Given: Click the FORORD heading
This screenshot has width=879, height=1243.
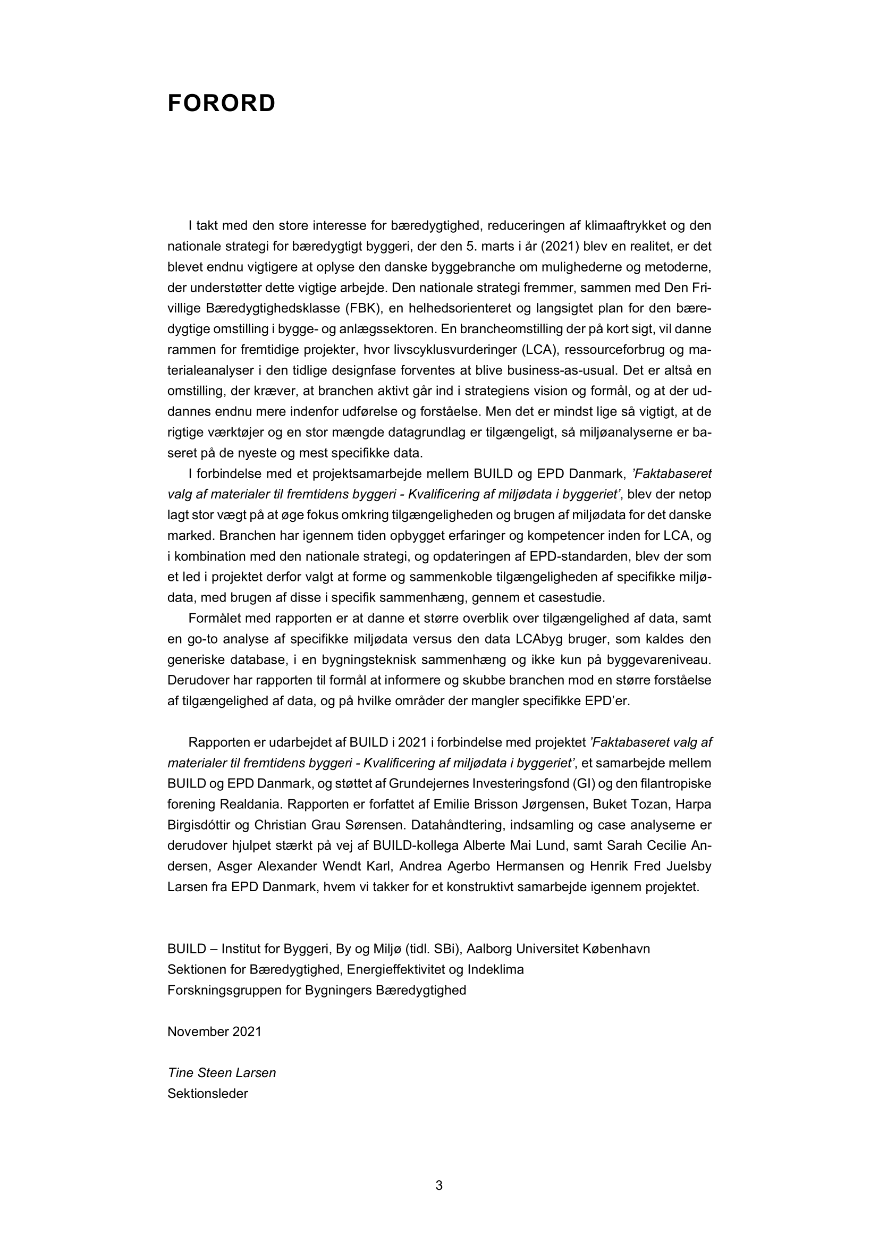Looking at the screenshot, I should coord(222,104).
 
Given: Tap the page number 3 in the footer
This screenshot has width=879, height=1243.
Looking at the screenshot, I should coord(439,1185).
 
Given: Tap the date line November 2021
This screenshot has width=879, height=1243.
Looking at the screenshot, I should coord(214,1031).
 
